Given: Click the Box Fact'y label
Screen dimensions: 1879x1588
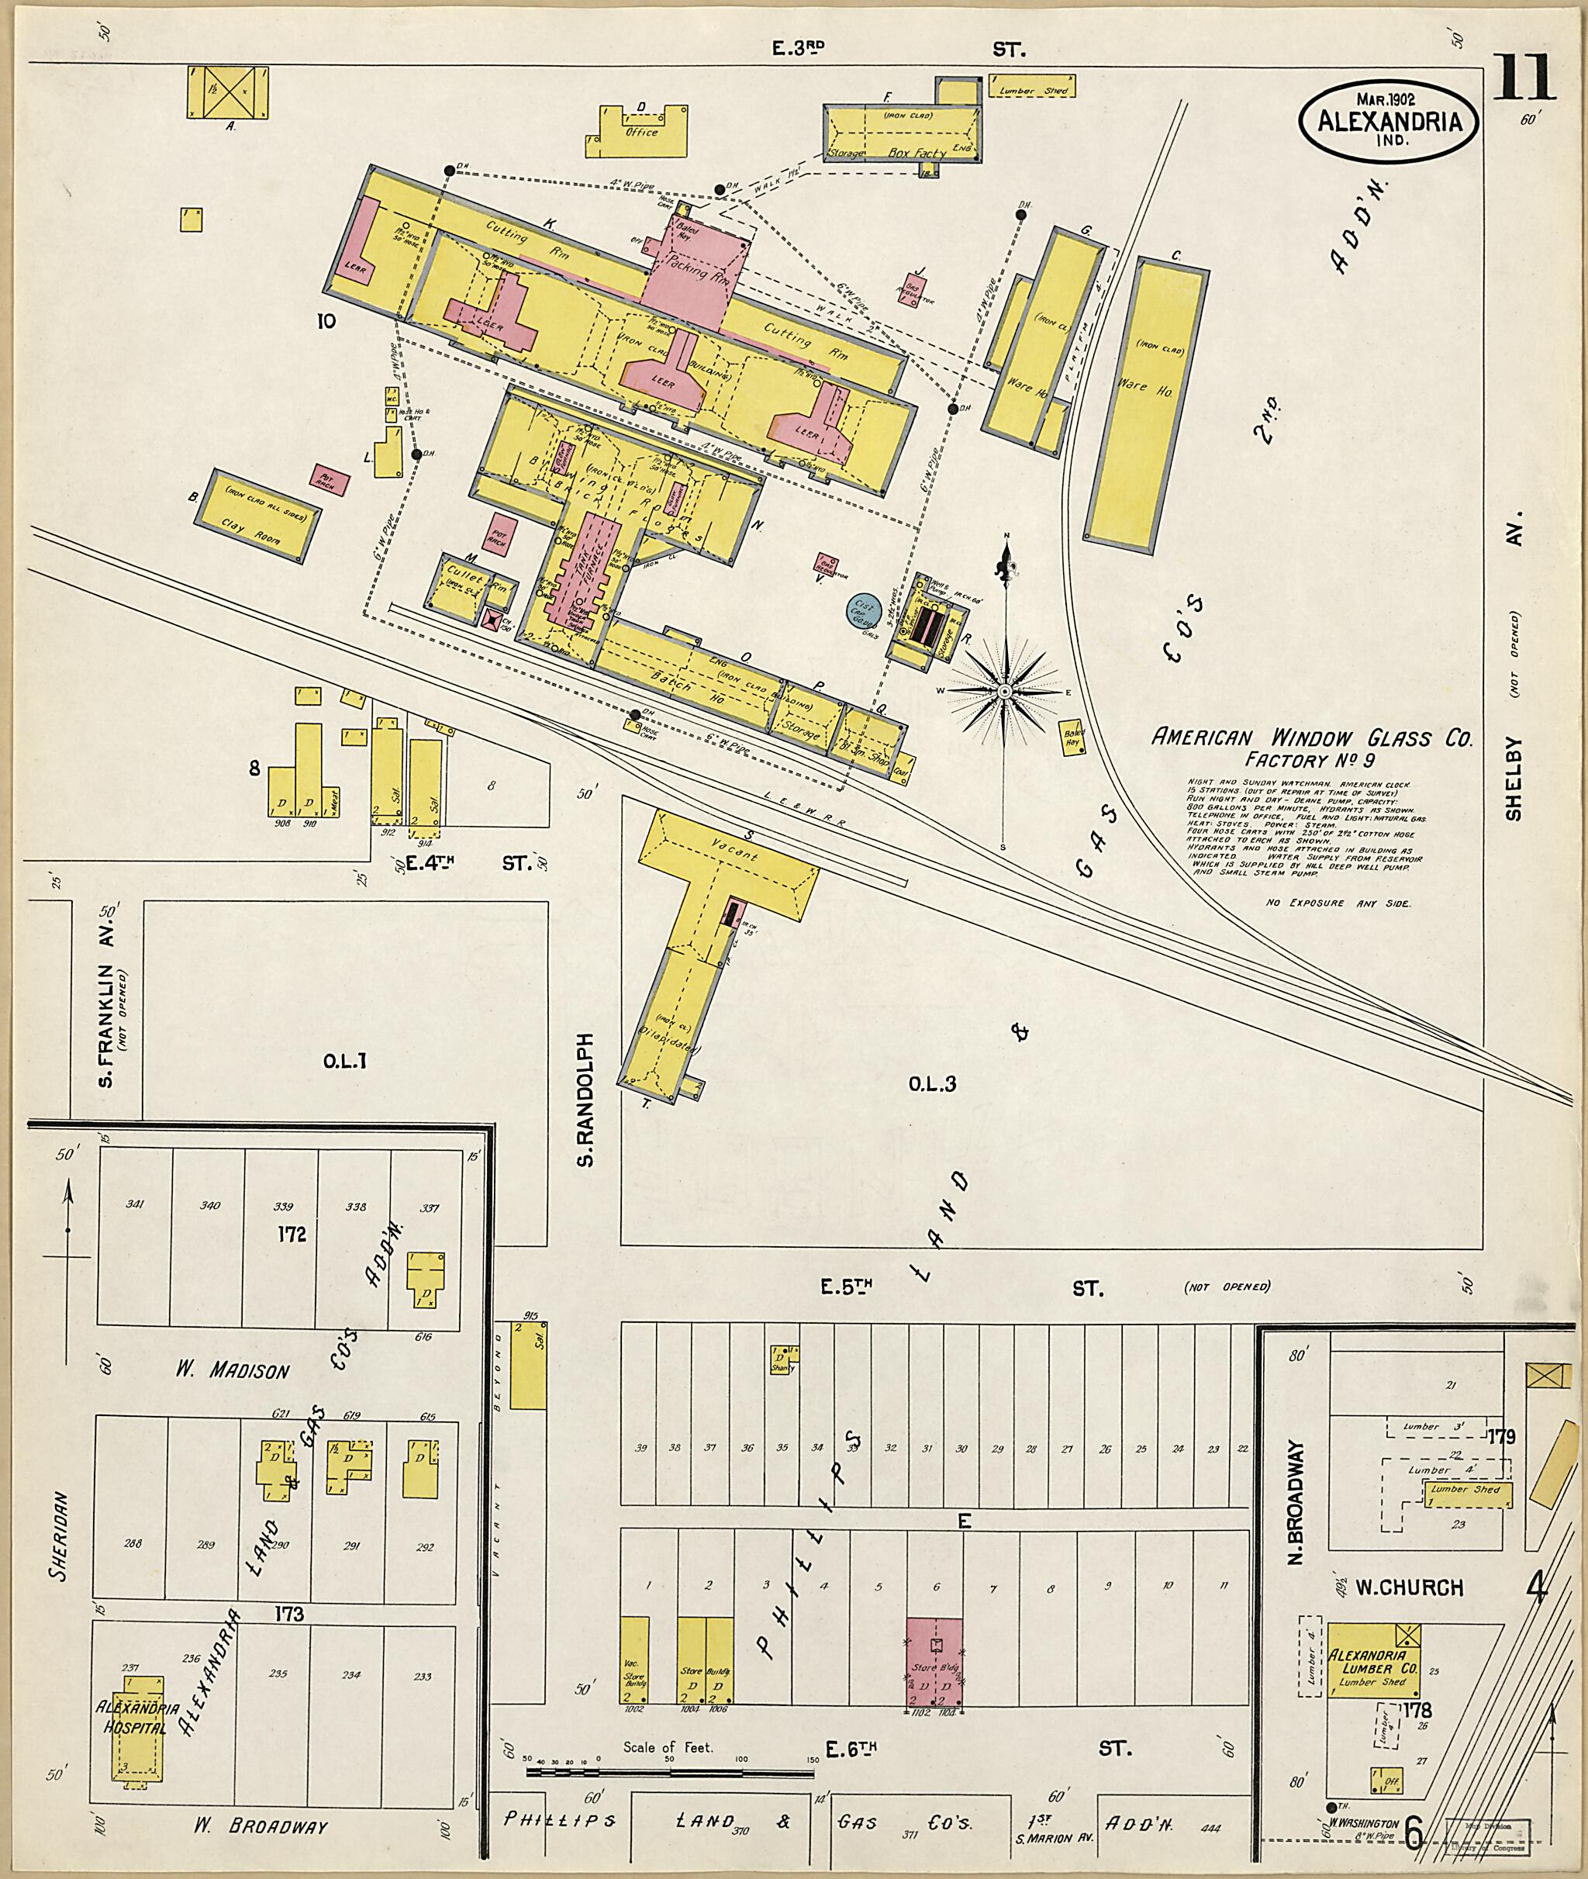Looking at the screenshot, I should pos(916,153).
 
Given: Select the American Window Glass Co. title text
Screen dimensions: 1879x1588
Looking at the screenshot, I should pos(1312,738).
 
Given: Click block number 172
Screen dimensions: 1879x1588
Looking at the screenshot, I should pos(292,1235).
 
